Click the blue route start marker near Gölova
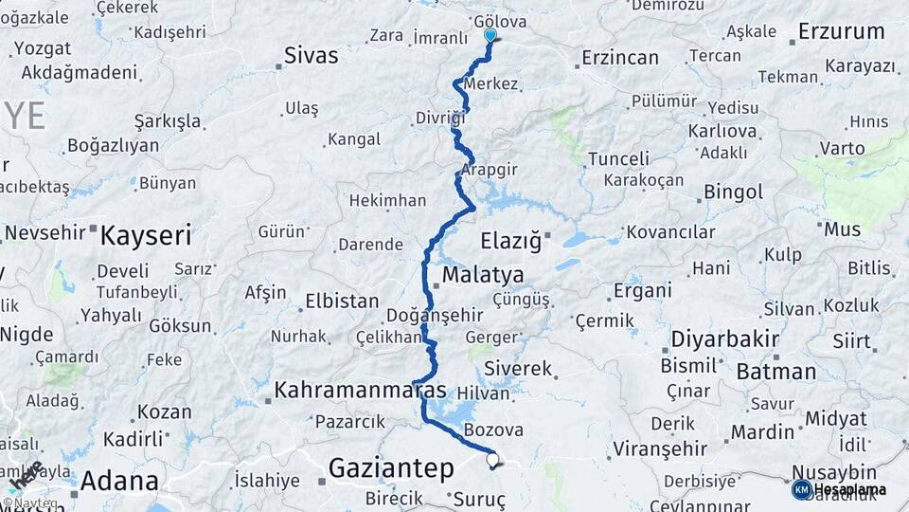point(490,36)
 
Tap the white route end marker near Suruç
point(492,461)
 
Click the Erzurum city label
point(841,31)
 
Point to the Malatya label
point(483,275)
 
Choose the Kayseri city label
point(146,234)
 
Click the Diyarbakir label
point(724,338)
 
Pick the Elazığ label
point(510,241)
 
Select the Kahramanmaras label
point(360,390)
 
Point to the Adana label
point(118,481)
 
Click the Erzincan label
point(620,58)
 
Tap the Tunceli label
point(618,158)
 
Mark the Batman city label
point(775,372)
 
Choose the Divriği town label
point(440,119)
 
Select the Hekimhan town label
point(387,201)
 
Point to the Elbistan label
point(342,302)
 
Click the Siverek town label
point(517,368)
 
